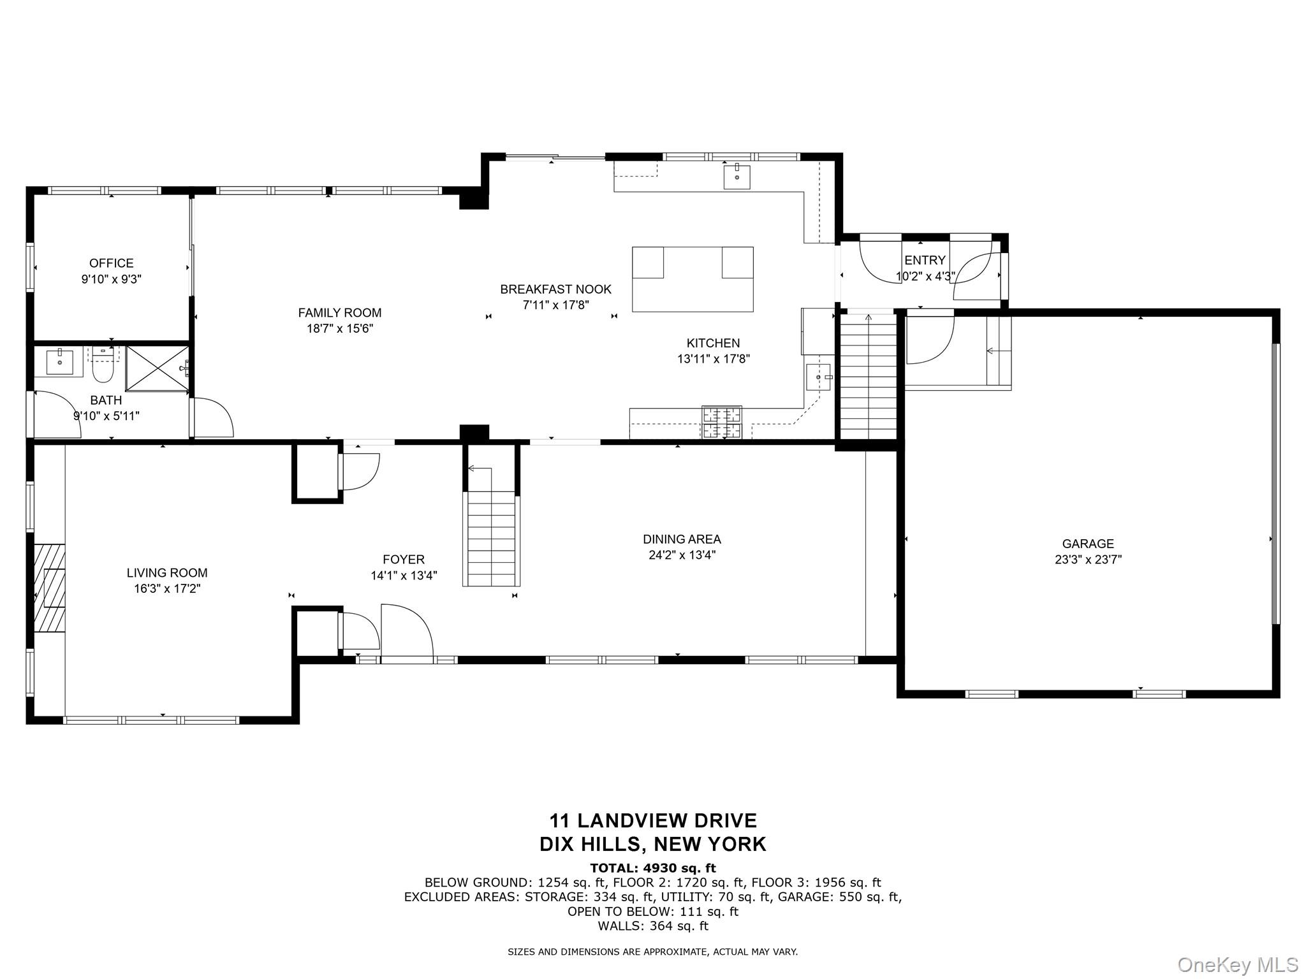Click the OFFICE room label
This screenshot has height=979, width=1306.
pyautogui.click(x=111, y=263)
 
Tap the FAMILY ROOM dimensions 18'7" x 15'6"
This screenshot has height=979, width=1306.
pyautogui.click(x=339, y=329)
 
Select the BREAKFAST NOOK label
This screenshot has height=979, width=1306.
pyautogui.click(x=555, y=289)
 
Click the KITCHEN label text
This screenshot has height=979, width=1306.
pyautogui.click(x=713, y=344)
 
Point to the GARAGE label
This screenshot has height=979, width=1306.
pyautogui.click(x=1088, y=544)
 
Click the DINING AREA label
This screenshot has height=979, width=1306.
pyautogui.click(x=682, y=539)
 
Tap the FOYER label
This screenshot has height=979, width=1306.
pyautogui.click(x=403, y=560)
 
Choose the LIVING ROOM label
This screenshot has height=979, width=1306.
pyautogui.click(x=167, y=573)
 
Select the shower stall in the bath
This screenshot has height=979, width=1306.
pyautogui.click(x=156, y=368)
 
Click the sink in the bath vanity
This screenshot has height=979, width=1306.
pyautogui.click(x=59, y=362)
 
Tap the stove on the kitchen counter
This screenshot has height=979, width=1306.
pyautogui.click(x=722, y=422)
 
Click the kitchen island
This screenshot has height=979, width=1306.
pyautogui.click(x=693, y=280)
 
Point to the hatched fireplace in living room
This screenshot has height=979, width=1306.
pyautogui.click(x=49, y=587)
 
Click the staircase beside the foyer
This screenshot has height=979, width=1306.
pyautogui.click(x=491, y=539)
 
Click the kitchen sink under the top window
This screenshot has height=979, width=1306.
pyautogui.click(x=737, y=176)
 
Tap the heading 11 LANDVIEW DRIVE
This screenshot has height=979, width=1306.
pyautogui.click(x=653, y=820)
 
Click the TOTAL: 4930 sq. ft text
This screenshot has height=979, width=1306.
pyautogui.click(x=653, y=868)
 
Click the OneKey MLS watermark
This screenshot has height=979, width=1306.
pyautogui.click(x=1237, y=964)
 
